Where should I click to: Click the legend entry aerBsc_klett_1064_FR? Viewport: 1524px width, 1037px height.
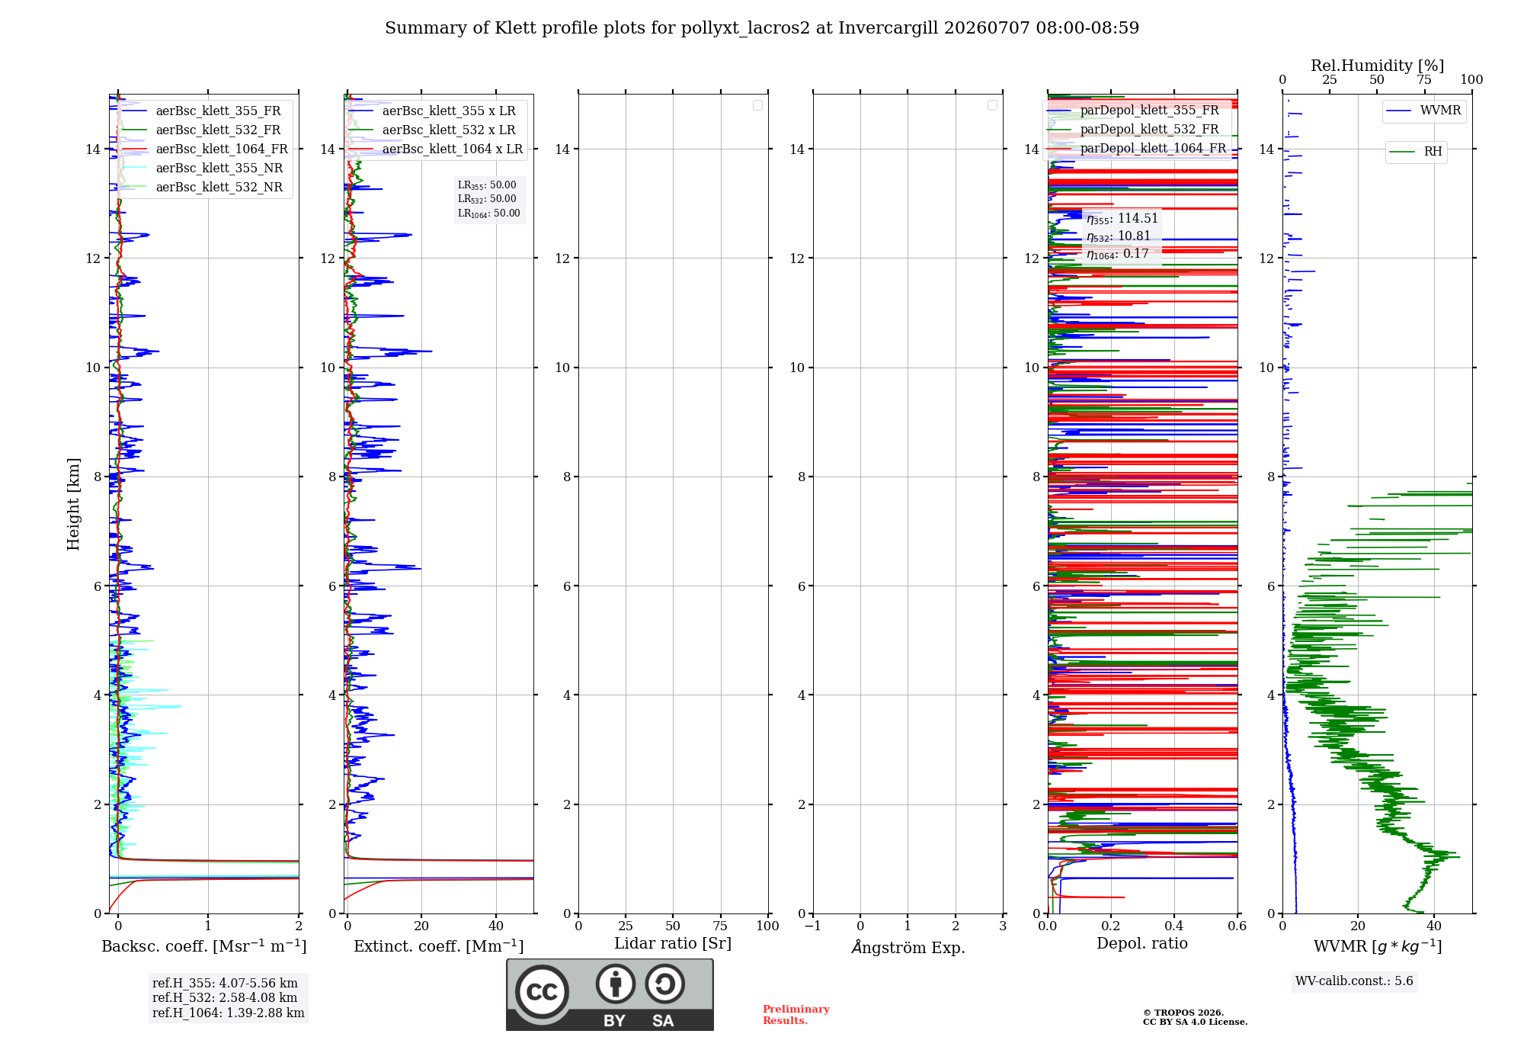[222, 149]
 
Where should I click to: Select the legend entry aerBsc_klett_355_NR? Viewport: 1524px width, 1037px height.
[219, 169]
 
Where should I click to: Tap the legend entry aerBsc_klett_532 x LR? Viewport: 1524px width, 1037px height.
[449, 130]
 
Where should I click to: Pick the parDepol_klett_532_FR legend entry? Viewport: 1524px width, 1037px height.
[1149, 130]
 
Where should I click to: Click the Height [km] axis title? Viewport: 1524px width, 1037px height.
[73, 504]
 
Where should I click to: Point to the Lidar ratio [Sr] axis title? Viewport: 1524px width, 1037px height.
[673, 944]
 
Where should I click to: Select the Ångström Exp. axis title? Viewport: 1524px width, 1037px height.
[908, 947]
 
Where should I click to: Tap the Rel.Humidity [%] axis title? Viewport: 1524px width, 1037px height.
[1377, 66]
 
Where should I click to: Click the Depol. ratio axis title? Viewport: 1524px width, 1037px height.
[1142, 944]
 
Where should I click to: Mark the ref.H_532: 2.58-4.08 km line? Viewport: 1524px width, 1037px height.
[225, 998]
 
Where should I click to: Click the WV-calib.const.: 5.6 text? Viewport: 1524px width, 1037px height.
[1354, 981]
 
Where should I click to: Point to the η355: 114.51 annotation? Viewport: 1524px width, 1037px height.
[1122, 219]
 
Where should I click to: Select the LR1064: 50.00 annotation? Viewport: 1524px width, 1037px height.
[488, 213]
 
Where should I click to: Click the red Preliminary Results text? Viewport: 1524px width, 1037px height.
[796, 1015]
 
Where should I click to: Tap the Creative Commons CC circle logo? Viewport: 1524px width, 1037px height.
[542, 991]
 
